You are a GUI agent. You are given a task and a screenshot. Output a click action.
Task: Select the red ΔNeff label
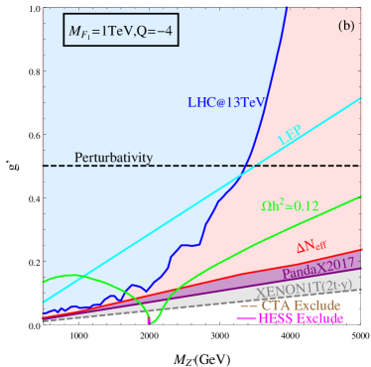315,249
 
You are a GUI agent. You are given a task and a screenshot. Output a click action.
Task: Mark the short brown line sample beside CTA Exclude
246,305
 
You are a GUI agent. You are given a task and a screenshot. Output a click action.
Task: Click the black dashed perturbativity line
198,167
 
